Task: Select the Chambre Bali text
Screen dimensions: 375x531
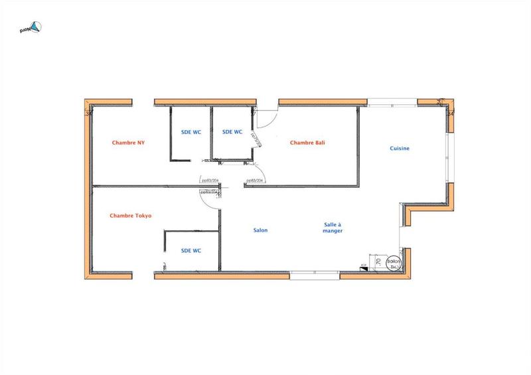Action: [x=306, y=143]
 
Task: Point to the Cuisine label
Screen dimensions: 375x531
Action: [x=400, y=149]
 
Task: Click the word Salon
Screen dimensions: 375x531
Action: [x=260, y=230]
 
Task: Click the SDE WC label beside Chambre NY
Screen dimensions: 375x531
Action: [x=190, y=132]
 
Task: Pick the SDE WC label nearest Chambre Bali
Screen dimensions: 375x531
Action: [x=232, y=132]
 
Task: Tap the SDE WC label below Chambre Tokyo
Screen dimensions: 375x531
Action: [x=191, y=250]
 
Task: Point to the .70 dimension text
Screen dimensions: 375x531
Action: [x=378, y=263]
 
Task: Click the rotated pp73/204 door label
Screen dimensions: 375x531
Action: [x=258, y=136]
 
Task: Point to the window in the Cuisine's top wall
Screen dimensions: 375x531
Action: [x=392, y=102]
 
